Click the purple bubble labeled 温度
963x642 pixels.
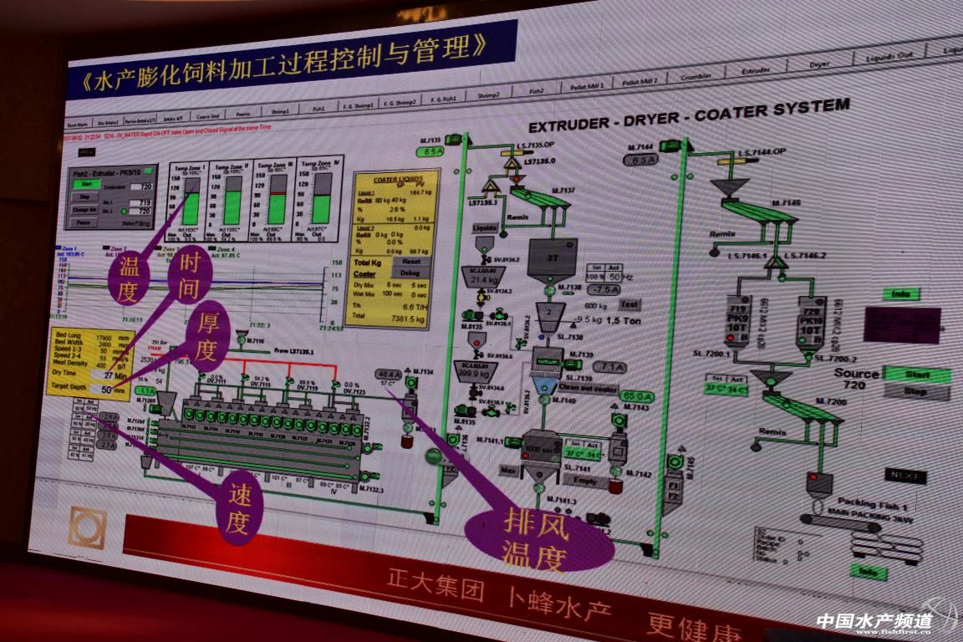(130, 281)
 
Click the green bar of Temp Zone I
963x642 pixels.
(192, 209)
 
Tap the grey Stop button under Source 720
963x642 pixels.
(916, 391)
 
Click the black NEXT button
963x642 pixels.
(905, 476)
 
